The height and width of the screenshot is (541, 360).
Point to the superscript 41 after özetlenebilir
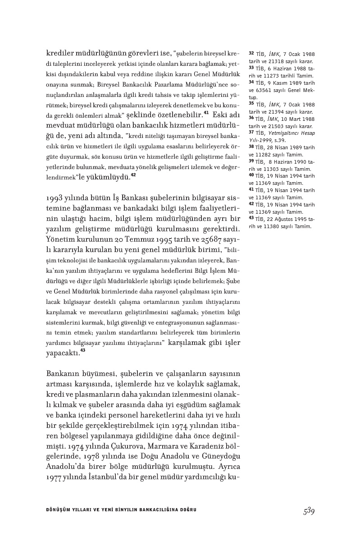point(206,112)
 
